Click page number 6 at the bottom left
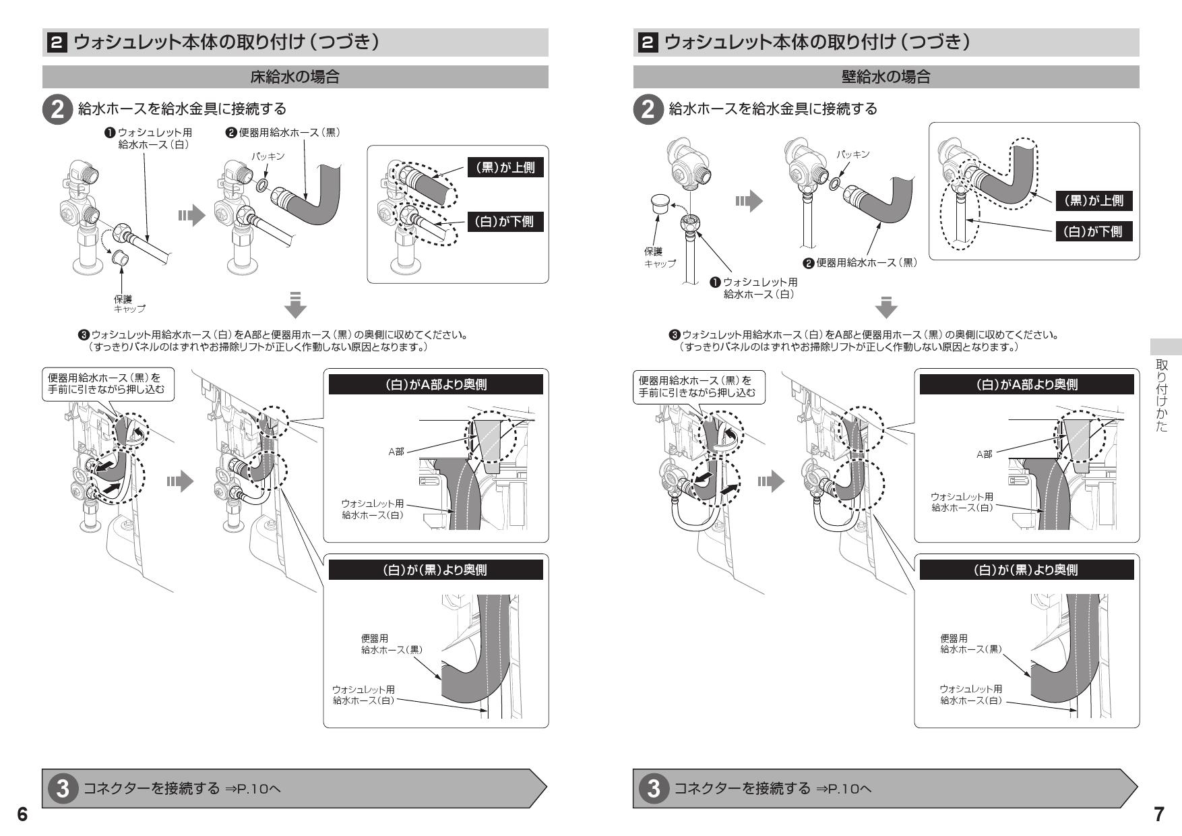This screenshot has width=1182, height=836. point(22,814)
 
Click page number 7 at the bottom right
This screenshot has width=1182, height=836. point(1158,814)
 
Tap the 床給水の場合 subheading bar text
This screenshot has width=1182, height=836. point(294,77)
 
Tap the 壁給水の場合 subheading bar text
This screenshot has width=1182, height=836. point(885,77)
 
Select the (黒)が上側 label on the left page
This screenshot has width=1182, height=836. point(505,168)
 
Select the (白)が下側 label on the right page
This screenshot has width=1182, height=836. point(1092,231)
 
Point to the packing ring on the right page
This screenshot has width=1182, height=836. point(835,182)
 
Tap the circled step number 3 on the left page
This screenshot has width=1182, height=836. point(63,788)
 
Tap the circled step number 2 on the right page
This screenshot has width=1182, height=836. point(648,109)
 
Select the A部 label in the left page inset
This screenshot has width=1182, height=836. point(396,452)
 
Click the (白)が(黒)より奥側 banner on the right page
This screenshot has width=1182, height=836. point(1026,570)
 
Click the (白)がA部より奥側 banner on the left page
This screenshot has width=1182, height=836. point(435,384)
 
